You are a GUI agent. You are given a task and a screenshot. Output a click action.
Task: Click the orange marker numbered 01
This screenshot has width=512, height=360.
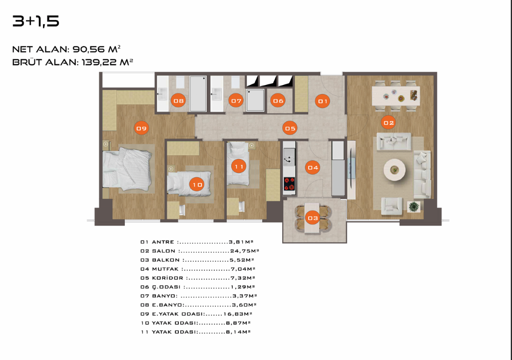coord(323,101)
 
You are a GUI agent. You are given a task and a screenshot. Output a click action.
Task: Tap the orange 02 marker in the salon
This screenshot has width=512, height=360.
coord(388,122)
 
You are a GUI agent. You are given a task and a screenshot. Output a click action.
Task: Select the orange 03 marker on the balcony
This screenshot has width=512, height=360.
coord(313,218)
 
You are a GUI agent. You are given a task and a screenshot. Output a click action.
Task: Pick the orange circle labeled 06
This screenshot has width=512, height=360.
coord(278,100)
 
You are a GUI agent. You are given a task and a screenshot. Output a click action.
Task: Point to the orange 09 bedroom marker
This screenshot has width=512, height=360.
coord(141,128)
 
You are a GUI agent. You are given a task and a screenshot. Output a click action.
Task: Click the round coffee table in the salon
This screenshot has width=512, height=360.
coord(395,170)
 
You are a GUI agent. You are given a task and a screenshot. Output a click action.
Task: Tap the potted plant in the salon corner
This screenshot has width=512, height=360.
coord(414,206)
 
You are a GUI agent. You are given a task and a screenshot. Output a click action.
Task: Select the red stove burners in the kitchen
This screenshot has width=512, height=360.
coord(289,184)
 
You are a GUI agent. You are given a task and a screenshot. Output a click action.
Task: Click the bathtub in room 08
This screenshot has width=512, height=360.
coord(198,93)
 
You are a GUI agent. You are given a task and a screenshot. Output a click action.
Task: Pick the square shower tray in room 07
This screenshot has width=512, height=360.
coord(255,100)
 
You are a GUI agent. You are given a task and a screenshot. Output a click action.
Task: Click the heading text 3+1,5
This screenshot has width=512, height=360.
coord(35,21)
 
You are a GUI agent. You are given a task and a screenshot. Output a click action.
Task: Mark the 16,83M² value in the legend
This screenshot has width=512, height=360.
coord(238,314)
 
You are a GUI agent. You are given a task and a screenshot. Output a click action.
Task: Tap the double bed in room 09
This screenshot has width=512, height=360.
coord(127,169)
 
